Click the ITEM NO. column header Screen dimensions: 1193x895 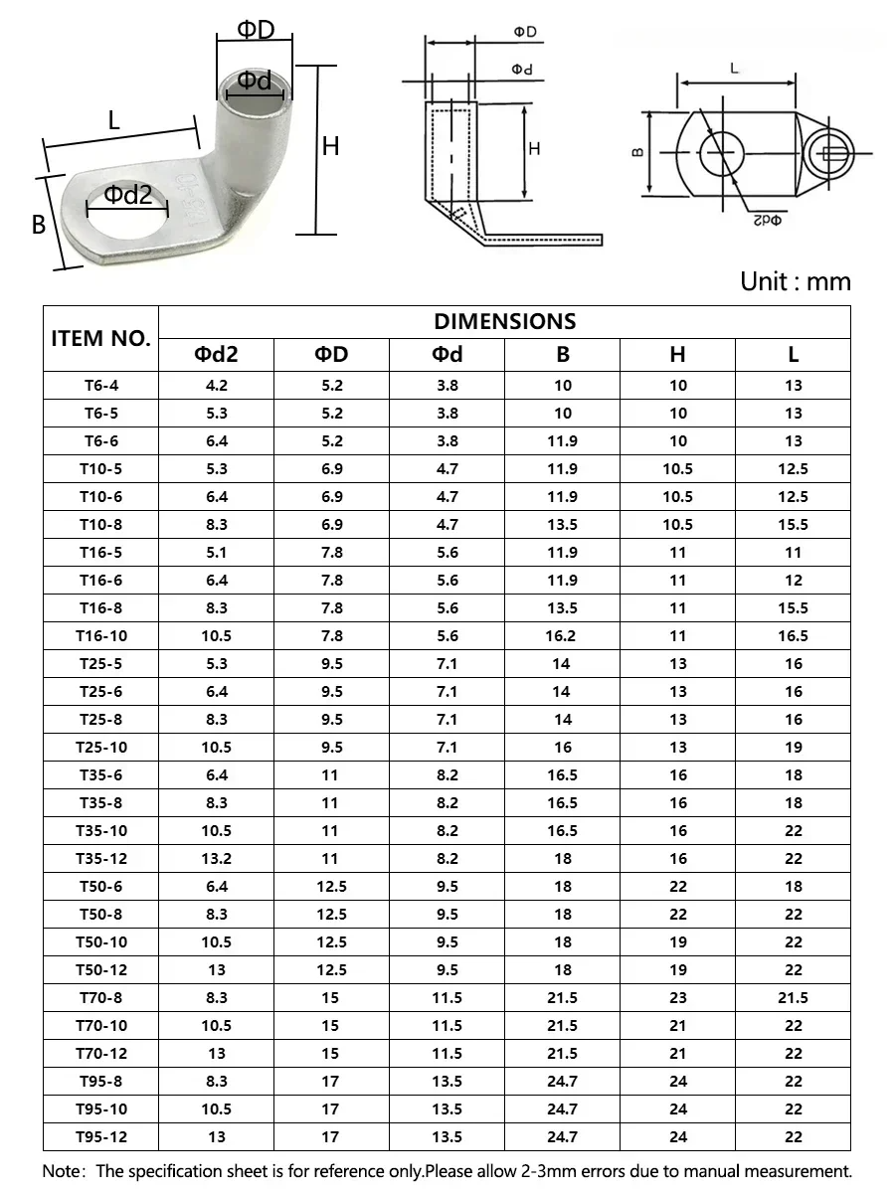(100, 338)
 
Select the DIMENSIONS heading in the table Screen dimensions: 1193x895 (504, 321)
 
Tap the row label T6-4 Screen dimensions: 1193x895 (100, 386)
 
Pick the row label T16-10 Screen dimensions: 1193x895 (100, 636)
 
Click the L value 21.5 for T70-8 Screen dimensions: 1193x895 (793, 998)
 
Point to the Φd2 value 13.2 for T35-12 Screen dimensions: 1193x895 (216, 859)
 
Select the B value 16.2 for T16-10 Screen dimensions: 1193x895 (562, 636)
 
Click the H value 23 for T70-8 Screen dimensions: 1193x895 (677, 998)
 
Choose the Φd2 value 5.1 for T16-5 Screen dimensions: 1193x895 (216, 553)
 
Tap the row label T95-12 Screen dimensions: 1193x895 (100, 1137)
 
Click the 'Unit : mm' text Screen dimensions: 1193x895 (796, 281)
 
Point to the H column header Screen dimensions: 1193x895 (677, 355)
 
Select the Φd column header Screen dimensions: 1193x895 (447, 355)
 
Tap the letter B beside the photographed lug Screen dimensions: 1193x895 (39, 225)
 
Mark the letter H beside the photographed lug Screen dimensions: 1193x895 (331, 146)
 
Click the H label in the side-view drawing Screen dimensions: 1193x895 (534, 149)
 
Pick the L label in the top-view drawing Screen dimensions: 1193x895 (734, 69)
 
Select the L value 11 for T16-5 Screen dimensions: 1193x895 (793, 553)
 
